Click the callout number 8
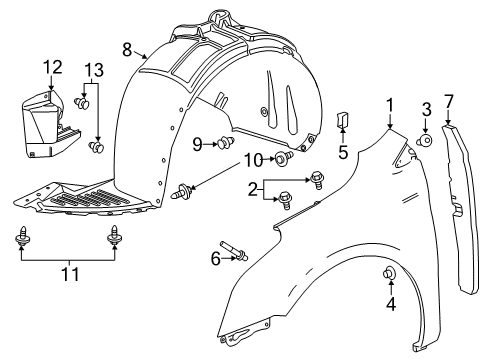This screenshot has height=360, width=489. click(x=127, y=50)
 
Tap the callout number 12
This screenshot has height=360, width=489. click(x=53, y=67)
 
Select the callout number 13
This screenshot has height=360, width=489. click(x=94, y=70)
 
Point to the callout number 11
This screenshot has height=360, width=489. click(x=71, y=274)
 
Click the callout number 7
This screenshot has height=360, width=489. click(x=449, y=101)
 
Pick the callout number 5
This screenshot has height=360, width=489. click(x=343, y=152)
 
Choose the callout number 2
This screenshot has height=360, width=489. click(x=253, y=190)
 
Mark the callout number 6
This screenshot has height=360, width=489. click(x=216, y=258)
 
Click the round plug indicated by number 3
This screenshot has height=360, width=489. click(x=425, y=140)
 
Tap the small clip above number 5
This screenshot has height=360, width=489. click(x=342, y=119)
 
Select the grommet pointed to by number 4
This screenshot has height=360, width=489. click(x=389, y=273)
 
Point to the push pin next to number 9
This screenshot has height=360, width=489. click(x=226, y=143)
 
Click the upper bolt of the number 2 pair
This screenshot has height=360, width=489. click(x=316, y=180)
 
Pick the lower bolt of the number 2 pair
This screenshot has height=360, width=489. click(x=286, y=200)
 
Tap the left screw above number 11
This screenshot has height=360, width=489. click(x=23, y=236)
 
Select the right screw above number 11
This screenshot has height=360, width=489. click(x=114, y=236)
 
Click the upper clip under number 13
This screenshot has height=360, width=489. click(x=82, y=103)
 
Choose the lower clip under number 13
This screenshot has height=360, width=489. click(x=97, y=146)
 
